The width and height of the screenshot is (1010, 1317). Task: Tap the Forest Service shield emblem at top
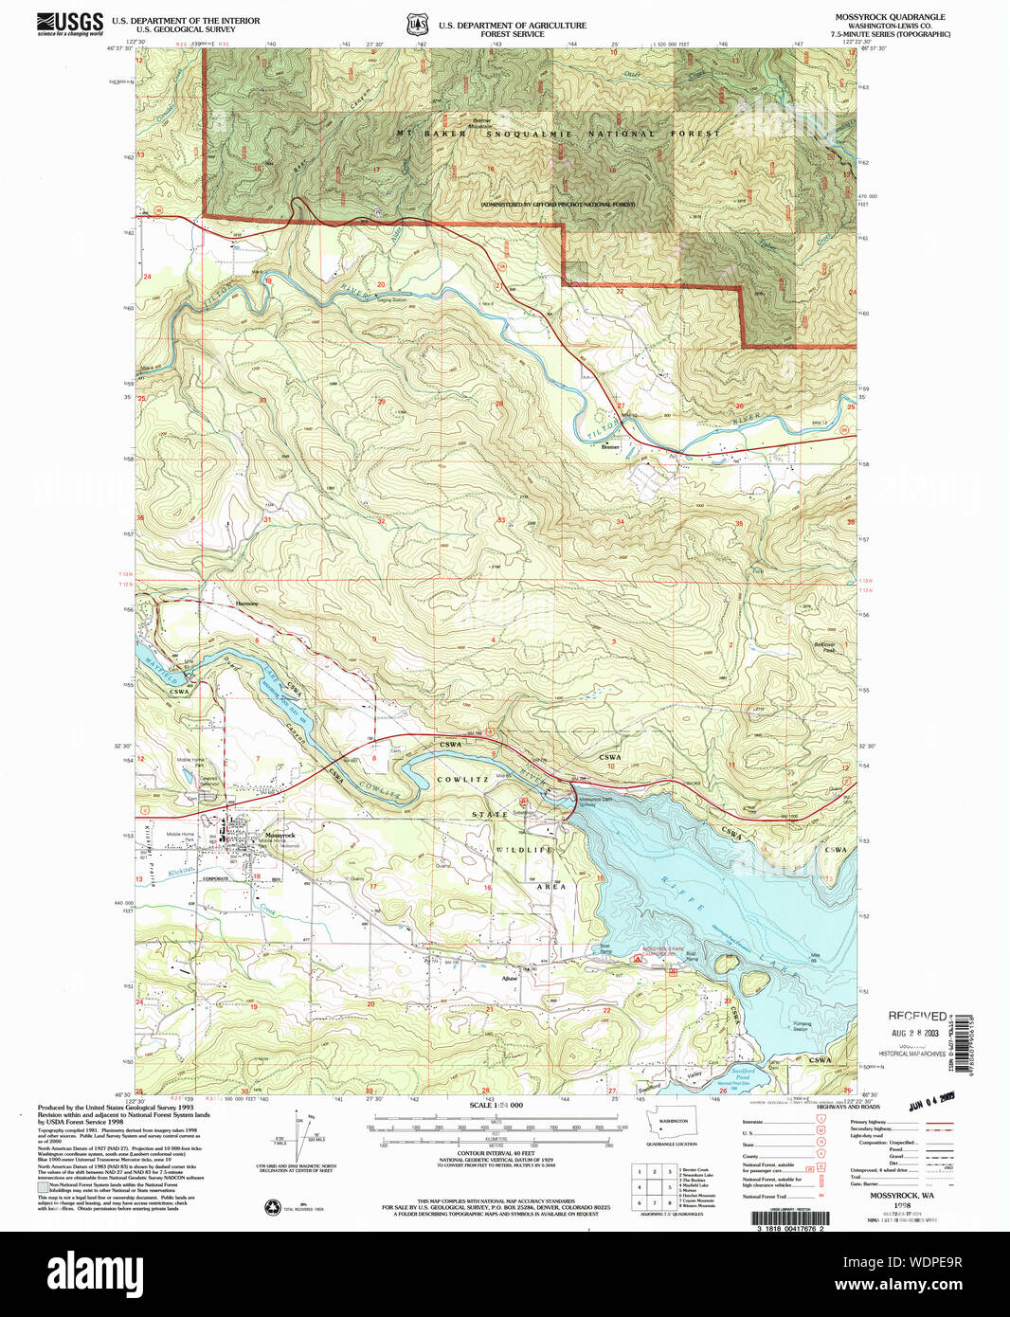(416, 26)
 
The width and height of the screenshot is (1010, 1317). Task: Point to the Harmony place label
(247, 603)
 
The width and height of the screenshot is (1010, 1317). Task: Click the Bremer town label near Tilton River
(610, 447)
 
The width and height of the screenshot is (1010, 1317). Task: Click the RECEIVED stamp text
(916, 1016)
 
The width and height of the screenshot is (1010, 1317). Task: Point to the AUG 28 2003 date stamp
(917, 1032)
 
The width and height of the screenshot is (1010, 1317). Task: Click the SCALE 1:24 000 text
(496, 1106)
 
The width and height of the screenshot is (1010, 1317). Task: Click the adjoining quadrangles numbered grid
(654, 1186)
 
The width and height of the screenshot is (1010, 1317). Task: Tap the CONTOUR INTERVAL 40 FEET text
(496, 1153)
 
